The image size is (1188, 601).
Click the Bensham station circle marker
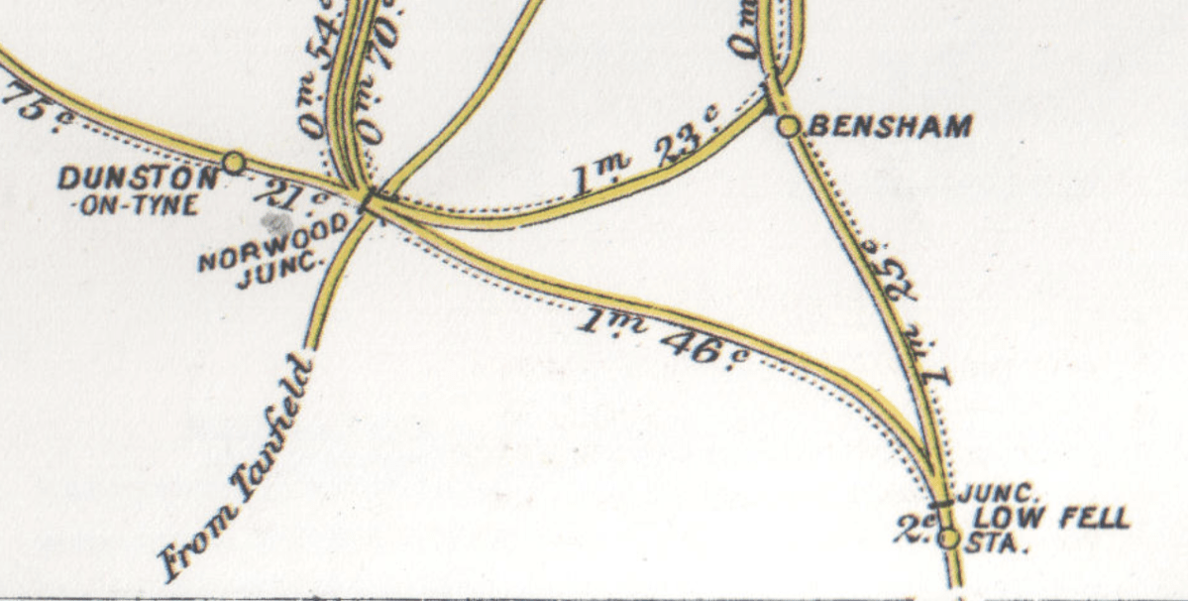pos(788,126)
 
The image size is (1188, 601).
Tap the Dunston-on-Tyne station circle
pos(234,161)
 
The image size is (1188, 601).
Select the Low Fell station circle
pos(948,538)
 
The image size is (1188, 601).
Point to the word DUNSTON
pos(137,179)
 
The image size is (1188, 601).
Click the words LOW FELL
pos(1051,518)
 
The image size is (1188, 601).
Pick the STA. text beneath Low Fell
pos(1000,543)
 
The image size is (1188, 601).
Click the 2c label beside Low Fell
pos(912,532)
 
